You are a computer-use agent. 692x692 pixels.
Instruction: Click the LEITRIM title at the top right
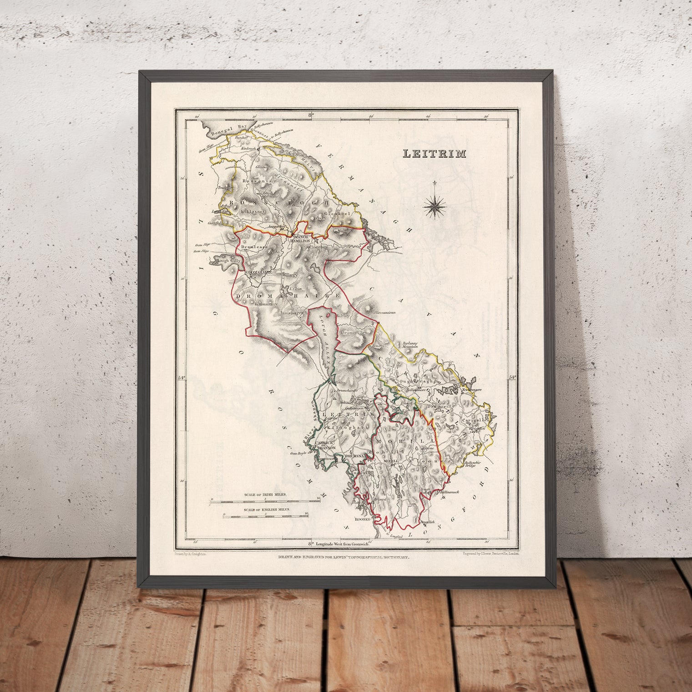pyautogui.click(x=434, y=154)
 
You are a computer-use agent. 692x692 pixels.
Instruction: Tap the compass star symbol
pyautogui.click(x=435, y=205)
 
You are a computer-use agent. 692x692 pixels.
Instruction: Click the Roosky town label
pyautogui.click(x=364, y=519)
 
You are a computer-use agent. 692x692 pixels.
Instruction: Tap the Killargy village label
pyautogui.click(x=290, y=276)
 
